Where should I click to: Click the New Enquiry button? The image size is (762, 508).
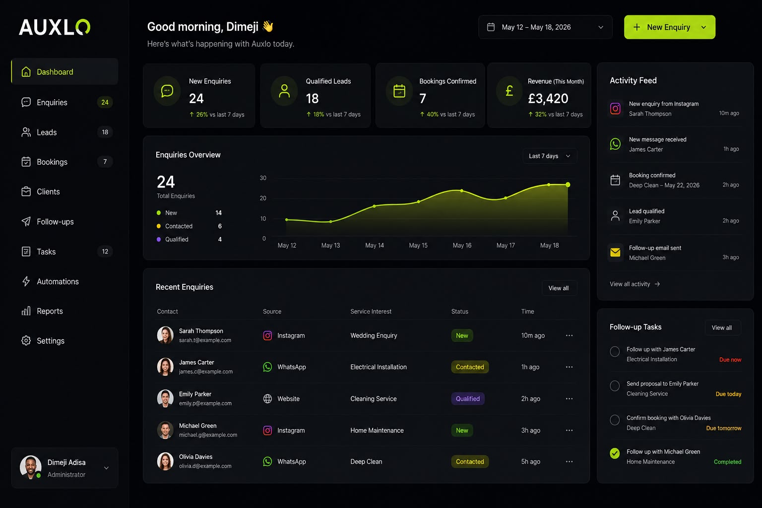click(x=669, y=27)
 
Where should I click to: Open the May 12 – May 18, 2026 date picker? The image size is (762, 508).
click(x=545, y=27)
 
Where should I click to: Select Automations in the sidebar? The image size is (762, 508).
click(x=58, y=281)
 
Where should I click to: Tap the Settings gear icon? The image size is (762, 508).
click(x=26, y=341)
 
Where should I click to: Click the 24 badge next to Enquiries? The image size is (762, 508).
click(x=105, y=102)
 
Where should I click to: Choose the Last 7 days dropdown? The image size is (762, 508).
click(x=549, y=156)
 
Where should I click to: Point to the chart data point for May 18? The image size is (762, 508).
click(x=568, y=185)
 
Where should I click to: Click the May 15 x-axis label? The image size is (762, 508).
click(x=418, y=246)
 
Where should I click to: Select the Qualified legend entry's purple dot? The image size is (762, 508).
click(x=159, y=239)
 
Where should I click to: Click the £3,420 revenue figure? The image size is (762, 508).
click(x=548, y=98)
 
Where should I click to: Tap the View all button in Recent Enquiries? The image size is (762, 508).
click(x=559, y=288)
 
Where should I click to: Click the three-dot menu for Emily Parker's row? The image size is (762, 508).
click(x=569, y=398)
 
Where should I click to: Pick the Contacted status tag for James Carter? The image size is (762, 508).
click(x=470, y=367)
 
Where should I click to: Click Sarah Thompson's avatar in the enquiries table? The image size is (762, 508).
click(x=165, y=335)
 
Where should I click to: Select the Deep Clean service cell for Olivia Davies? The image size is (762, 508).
click(x=367, y=462)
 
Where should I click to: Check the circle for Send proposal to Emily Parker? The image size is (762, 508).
click(x=615, y=386)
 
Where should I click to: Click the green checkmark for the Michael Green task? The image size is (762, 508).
click(x=615, y=453)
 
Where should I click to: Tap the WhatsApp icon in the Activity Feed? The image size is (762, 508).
click(x=615, y=144)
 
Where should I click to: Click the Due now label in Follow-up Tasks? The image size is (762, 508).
click(x=730, y=360)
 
